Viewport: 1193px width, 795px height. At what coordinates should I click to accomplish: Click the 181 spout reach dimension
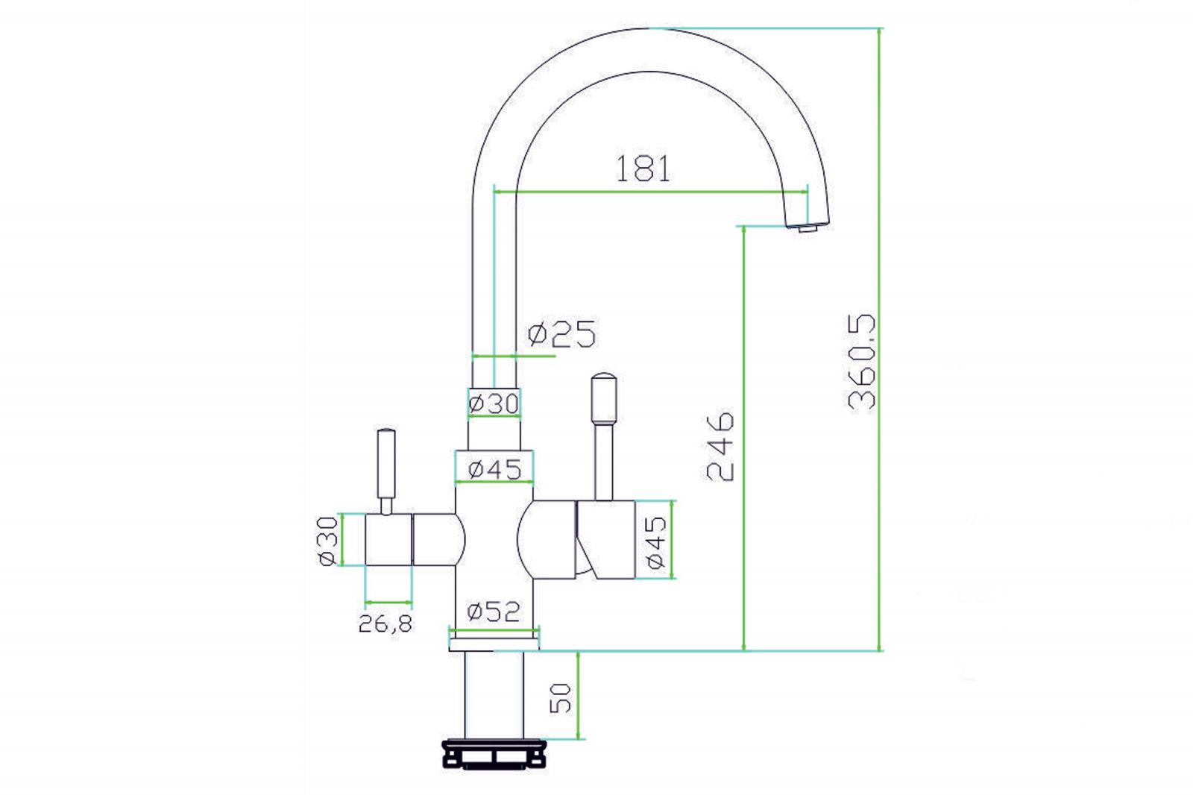(x=643, y=169)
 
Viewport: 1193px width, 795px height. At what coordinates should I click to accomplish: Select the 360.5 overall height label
(x=862, y=362)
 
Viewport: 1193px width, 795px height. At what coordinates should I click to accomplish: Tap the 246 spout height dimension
(x=720, y=446)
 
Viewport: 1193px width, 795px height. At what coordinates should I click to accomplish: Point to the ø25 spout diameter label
(x=562, y=334)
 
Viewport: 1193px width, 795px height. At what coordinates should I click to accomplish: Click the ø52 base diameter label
(x=493, y=612)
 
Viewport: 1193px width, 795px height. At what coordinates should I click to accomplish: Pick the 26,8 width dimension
(x=385, y=623)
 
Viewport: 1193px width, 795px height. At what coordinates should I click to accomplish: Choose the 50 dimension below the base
(x=560, y=698)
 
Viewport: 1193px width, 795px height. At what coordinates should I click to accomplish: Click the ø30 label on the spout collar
(x=493, y=403)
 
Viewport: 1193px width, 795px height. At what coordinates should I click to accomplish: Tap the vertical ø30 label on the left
(x=327, y=541)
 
